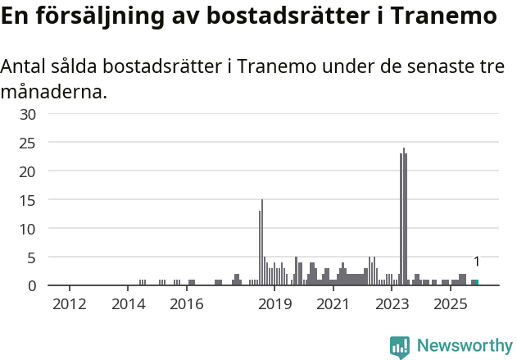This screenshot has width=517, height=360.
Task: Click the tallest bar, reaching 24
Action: click(403, 217)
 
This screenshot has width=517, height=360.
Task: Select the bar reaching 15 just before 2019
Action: click(262, 243)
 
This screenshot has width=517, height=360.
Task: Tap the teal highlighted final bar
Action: click(477, 282)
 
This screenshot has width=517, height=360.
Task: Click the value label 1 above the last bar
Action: click(477, 262)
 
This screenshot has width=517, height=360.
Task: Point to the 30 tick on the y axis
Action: click(28, 114)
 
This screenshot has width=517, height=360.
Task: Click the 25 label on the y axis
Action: click(28, 143)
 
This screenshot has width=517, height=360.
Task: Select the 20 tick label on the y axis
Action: click(28, 171)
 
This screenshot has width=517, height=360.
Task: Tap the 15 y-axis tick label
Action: click(28, 200)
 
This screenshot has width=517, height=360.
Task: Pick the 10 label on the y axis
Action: click(28, 229)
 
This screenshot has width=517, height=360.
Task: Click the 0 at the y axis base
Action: click(32, 285)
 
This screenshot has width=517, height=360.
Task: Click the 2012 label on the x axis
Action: click(69, 305)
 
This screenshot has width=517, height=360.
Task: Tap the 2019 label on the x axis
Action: click(274, 305)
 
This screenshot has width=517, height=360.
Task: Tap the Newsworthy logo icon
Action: click(400, 347)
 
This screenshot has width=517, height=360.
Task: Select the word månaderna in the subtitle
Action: click(54, 91)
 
